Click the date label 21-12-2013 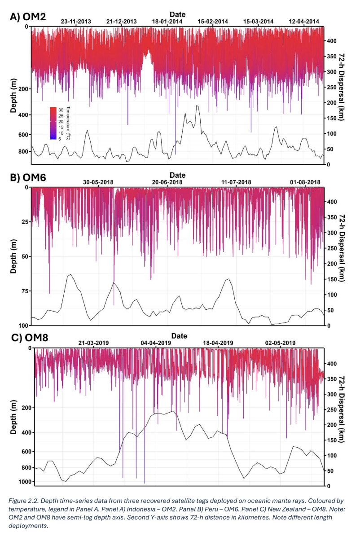(x=122, y=21)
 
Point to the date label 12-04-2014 (x=304, y=21)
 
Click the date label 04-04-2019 (x=156, y=343)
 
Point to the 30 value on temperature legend (x=61, y=109)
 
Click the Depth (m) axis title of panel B (x=13, y=256)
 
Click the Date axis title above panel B (x=178, y=175)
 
